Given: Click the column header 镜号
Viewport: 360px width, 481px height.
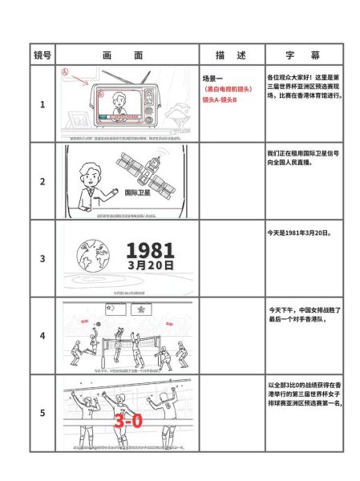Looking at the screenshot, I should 42,55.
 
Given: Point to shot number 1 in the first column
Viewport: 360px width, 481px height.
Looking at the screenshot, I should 42,104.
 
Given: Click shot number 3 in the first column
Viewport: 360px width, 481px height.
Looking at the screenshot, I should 42,259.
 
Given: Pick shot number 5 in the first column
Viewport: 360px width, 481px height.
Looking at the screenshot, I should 42,414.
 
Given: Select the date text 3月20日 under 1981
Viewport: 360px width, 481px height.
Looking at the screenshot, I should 150,265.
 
